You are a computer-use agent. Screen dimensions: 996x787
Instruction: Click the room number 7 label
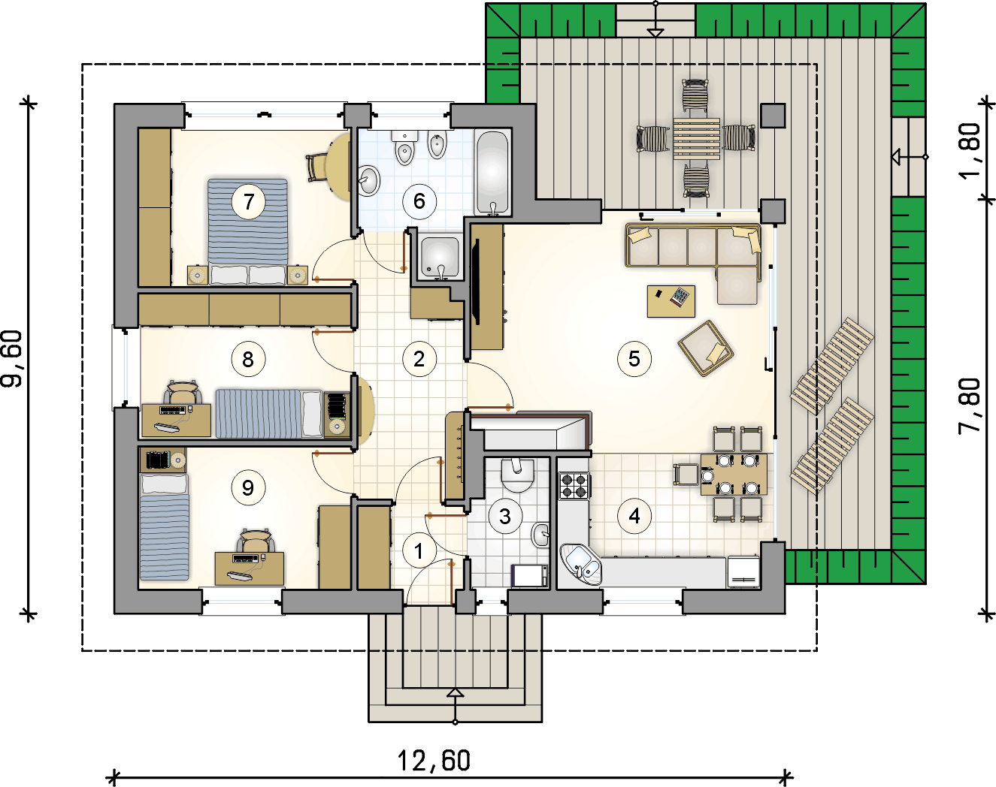click(249, 201)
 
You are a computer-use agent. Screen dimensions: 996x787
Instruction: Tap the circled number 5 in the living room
click(634, 359)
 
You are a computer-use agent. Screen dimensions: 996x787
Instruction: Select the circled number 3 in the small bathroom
click(505, 516)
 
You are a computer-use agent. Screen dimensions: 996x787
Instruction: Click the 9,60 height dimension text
click(12, 358)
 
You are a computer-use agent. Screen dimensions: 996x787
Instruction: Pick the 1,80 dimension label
click(970, 151)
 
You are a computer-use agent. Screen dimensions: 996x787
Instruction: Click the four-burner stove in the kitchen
click(574, 486)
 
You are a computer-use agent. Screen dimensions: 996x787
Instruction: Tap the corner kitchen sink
click(580, 564)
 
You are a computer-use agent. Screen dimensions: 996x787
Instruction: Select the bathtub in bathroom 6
click(492, 172)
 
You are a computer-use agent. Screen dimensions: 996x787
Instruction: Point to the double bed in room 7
click(247, 231)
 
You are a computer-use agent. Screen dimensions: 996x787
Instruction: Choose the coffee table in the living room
click(671, 301)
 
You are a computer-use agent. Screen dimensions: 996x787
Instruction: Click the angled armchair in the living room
click(706, 348)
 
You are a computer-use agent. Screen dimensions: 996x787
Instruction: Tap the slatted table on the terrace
click(697, 139)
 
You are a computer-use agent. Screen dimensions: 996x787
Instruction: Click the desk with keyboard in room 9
click(250, 568)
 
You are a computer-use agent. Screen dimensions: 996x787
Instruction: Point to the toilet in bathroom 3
click(517, 475)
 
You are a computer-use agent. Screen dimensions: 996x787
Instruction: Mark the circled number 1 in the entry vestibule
click(419, 551)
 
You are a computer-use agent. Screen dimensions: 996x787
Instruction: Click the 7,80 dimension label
click(970, 406)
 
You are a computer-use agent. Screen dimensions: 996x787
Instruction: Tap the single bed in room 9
click(165, 526)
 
